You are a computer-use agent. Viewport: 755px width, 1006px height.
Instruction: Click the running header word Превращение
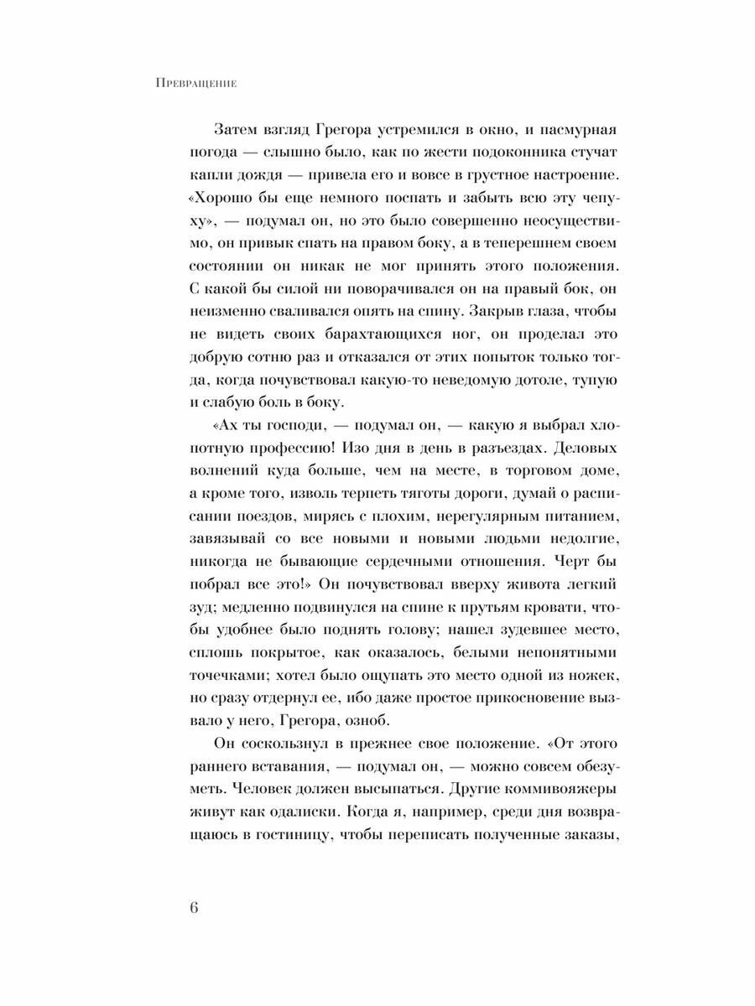point(195,83)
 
